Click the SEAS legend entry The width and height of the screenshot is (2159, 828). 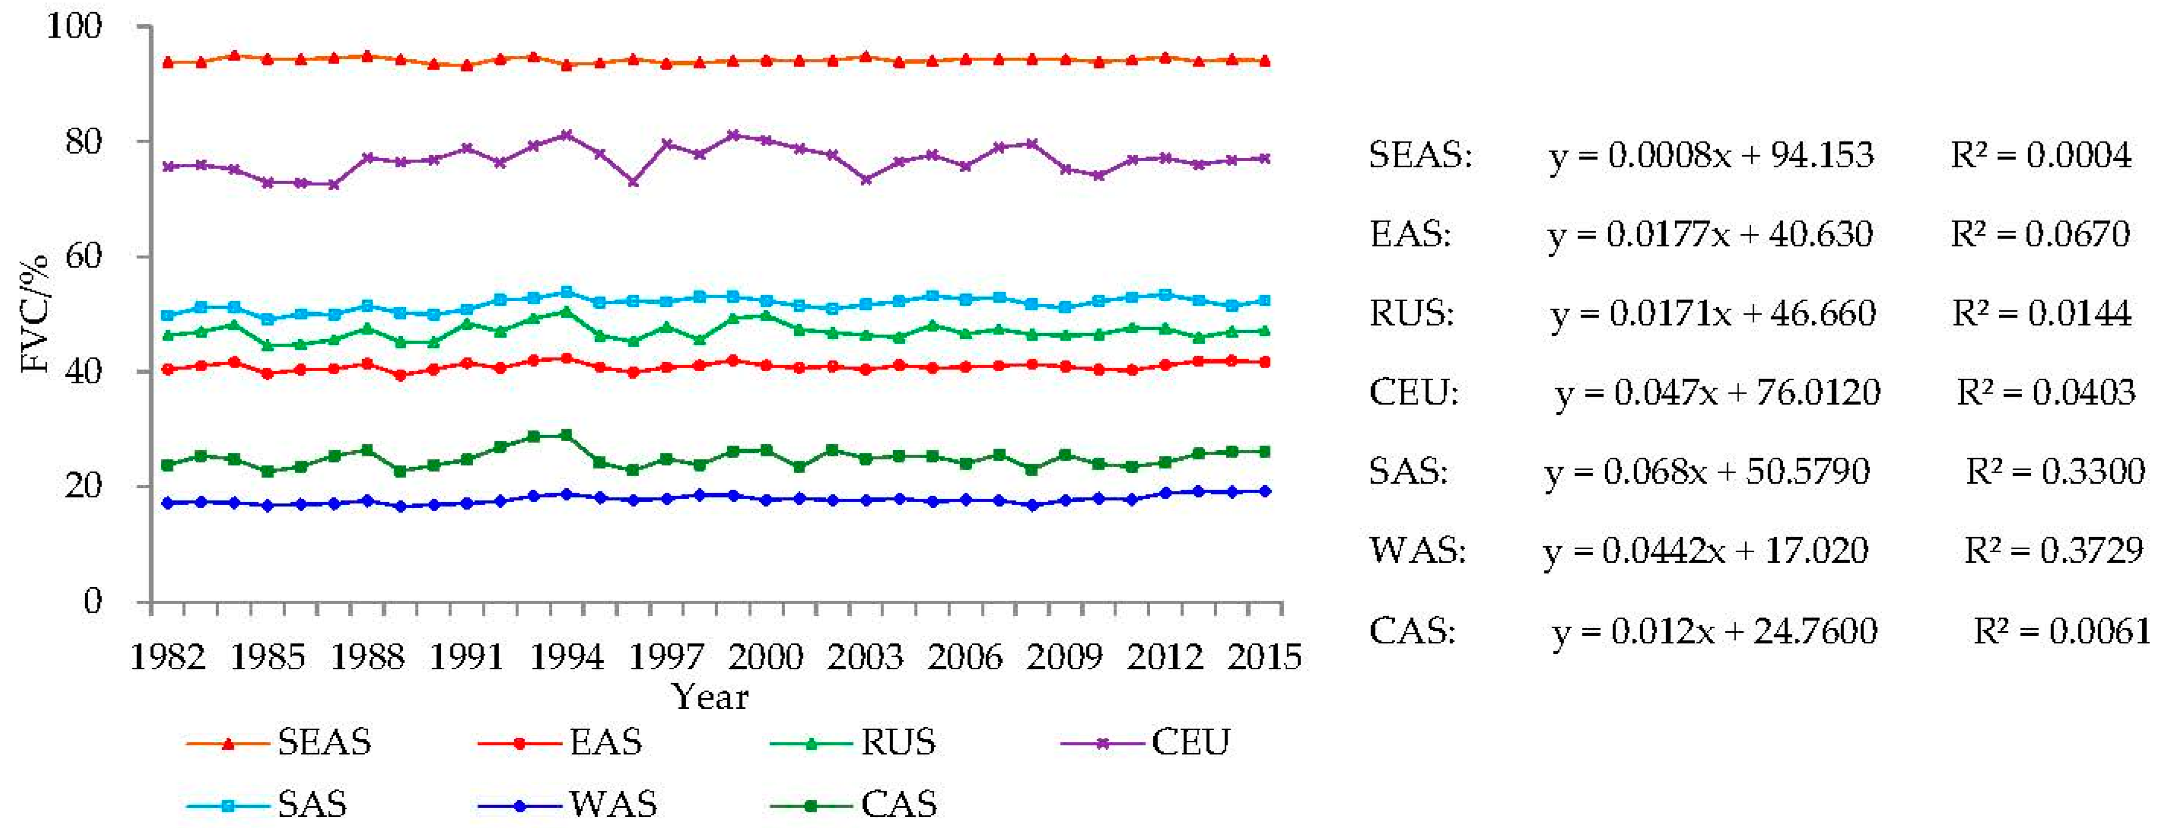click(279, 742)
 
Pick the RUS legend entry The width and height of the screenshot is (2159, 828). click(853, 742)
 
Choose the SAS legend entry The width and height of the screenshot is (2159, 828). click(267, 805)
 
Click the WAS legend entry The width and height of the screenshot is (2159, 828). click(568, 805)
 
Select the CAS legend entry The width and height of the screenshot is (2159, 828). click(853, 805)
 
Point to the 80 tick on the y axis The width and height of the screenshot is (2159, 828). click(84, 141)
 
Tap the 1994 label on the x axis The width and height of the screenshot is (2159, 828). click(568, 657)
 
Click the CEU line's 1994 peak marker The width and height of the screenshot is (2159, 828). click(567, 135)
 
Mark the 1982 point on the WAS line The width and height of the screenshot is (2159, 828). click(168, 503)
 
